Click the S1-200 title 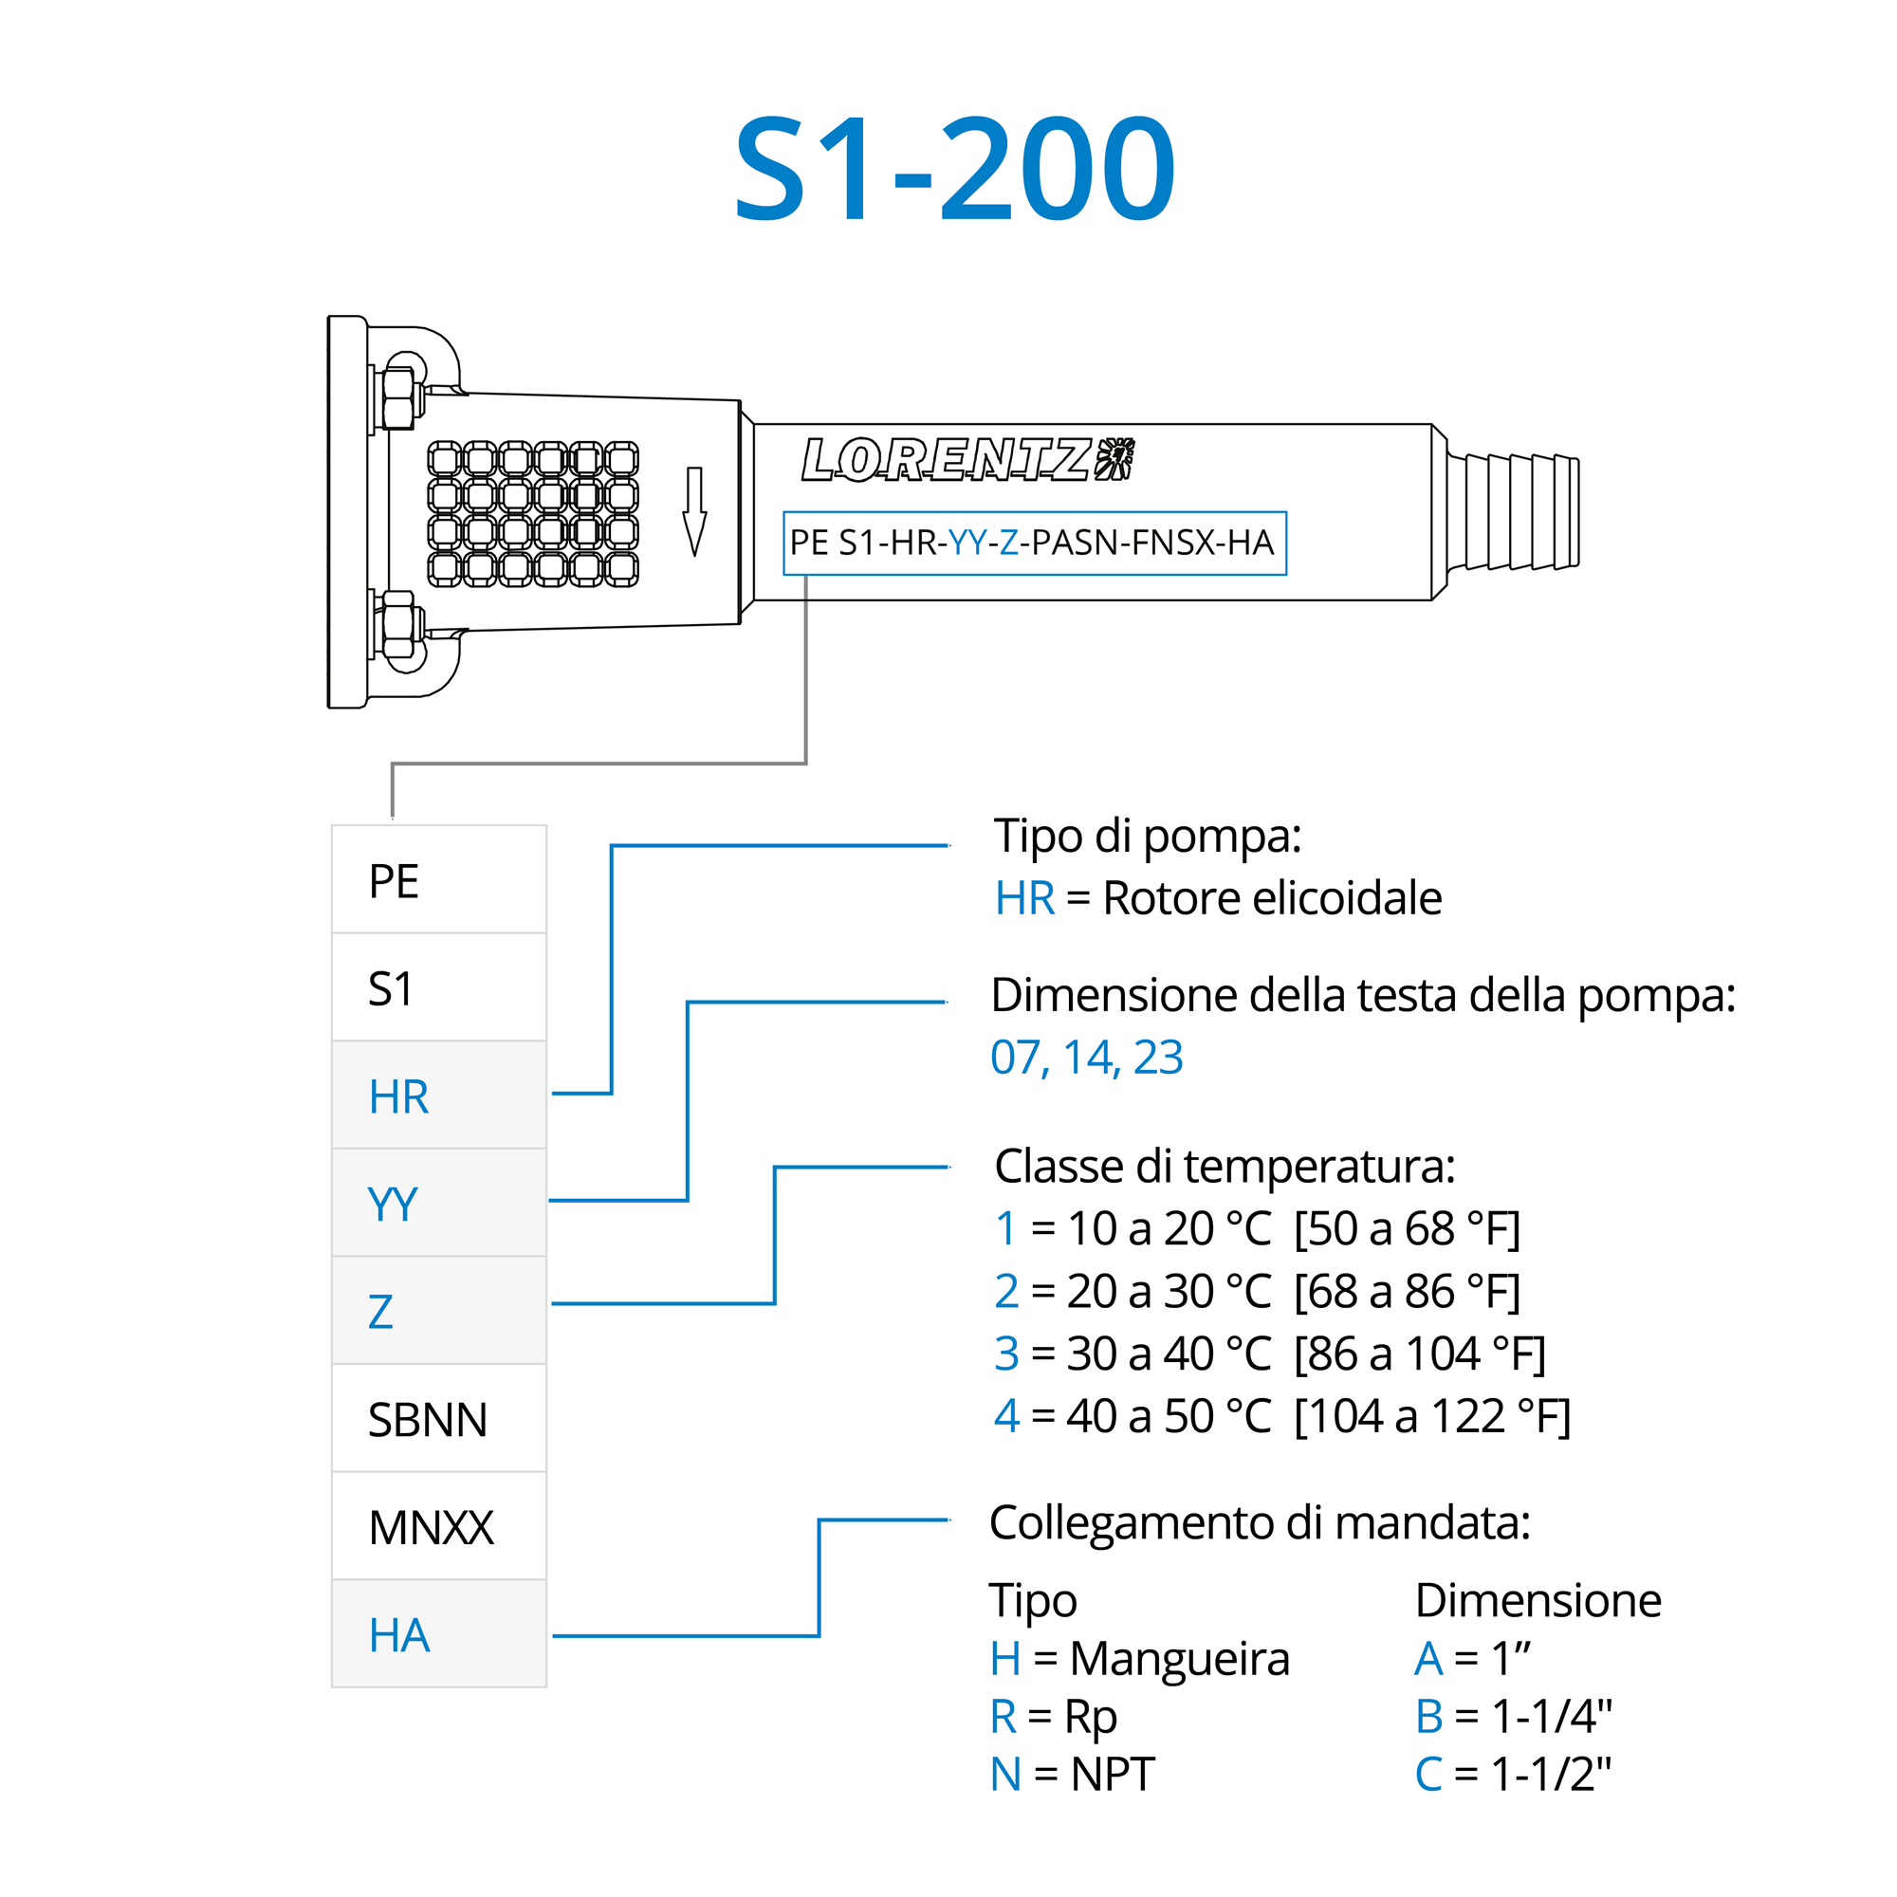point(953,169)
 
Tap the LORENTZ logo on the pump point(967,459)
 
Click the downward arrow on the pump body point(694,511)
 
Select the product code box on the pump point(1034,543)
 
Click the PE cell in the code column point(439,880)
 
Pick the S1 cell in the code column point(439,987)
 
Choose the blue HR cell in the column point(439,1096)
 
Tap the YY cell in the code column point(439,1203)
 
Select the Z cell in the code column point(439,1311)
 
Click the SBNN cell point(439,1419)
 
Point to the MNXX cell point(439,1527)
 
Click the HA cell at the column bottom point(439,1635)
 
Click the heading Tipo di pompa point(1148,837)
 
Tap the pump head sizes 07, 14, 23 point(1087,1058)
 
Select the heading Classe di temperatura point(1225,1167)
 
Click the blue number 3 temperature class point(1006,1354)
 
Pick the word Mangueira point(1179,1659)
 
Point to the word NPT point(1113,1775)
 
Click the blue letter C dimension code point(1428,1775)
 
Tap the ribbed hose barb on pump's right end point(1513,511)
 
